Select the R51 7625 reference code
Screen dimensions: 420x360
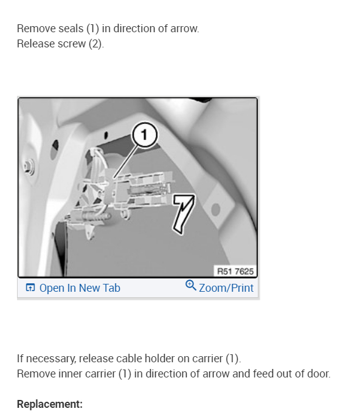(235, 271)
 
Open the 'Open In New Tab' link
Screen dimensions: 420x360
(80, 288)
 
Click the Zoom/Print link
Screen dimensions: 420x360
(226, 287)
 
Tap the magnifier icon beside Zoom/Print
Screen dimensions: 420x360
(190, 286)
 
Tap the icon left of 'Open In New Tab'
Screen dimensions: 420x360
(30, 288)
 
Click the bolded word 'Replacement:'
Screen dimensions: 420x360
(50, 404)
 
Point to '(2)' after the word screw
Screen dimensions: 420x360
(96, 44)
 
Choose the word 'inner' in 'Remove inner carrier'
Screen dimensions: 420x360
(67, 373)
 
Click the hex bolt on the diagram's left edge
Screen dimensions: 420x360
(29, 165)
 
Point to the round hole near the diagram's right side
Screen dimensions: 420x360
(216, 210)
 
